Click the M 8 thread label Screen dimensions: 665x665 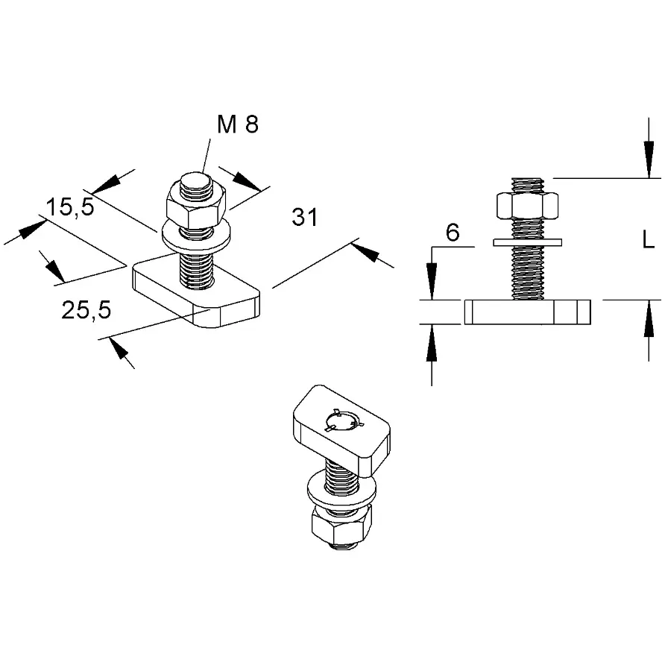tap(238, 125)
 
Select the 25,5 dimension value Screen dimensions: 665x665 tap(86, 310)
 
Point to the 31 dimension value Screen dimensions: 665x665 tap(304, 217)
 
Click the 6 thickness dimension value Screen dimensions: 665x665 tap(452, 233)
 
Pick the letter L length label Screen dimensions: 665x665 tap(648, 240)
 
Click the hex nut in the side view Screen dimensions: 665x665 tap(527, 204)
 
